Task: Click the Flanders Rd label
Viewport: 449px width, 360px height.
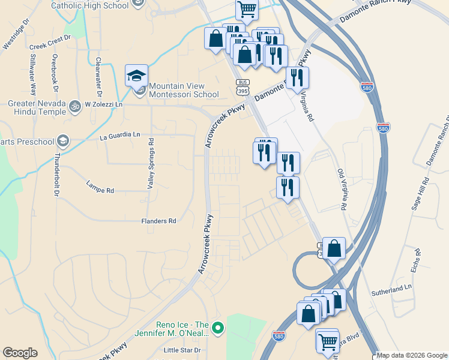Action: (x=158, y=221)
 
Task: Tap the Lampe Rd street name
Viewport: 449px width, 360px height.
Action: (x=100, y=187)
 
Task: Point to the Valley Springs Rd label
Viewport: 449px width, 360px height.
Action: (x=151, y=164)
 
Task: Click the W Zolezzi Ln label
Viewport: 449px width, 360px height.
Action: (x=103, y=104)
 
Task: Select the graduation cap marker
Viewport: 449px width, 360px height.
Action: (x=136, y=76)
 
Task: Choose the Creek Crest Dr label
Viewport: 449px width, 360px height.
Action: (x=50, y=45)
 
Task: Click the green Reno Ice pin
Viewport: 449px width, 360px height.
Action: (x=218, y=328)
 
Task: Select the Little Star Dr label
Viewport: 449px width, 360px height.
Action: (x=182, y=350)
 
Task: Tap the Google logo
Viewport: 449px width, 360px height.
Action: (x=20, y=353)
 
